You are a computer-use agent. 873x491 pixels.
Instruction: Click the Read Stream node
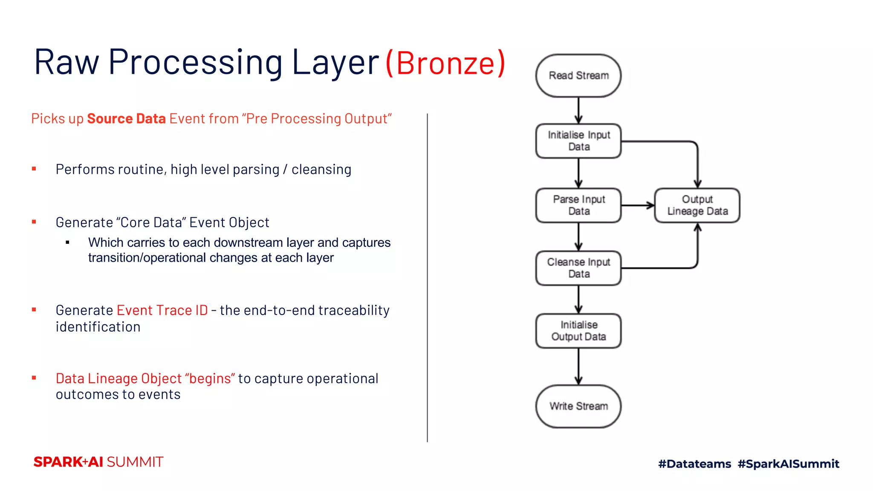pyautogui.click(x=578, y=75)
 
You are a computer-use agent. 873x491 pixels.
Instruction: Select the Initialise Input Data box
pyautogui.click(x=578, y=141)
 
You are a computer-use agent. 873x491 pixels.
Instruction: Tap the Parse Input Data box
pyautogui.click(x=578, y=205)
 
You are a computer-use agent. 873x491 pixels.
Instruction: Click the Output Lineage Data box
pyautogui.click(x=697, y=205)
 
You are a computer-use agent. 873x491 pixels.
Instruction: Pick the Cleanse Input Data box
pyautogui.click(x=578, y=268)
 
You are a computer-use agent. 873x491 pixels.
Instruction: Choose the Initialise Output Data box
pyautogui.click(x=578, y=331)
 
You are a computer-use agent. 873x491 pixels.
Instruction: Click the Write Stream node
pyautogui.click(x=578, y=406)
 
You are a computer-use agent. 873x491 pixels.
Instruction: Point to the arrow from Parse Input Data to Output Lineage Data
pyautogui.click(x=638, y=205)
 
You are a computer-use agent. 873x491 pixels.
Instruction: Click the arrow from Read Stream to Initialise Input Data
pyautogui.click(x=578, y=110)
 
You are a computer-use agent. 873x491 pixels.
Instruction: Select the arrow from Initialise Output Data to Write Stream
pyautogui.click(x=578, y=367)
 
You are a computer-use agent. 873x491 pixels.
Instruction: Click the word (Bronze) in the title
pyautogui.click(x=445, y=63)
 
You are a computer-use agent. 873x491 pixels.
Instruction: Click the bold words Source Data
pyautogui.click(x=126, y=118)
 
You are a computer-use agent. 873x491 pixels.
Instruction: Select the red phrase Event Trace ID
pyautogui.click(x=162, y=310)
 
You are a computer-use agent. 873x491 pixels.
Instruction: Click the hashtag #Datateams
pyautogui.click(x=694, y=464)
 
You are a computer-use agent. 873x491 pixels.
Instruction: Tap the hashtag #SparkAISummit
pyautogui.click(x=788, y=464)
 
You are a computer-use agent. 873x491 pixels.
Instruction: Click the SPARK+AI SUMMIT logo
pyautogui.click(x=98, y=462)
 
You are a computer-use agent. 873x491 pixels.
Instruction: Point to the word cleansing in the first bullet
pyautogui.click(x=321, y=170)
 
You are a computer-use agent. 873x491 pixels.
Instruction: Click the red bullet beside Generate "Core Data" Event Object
pyautogui.click(x=34, y=222)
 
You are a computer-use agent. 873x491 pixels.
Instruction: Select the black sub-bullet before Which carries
pyautogui.click(x=67, y=243)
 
